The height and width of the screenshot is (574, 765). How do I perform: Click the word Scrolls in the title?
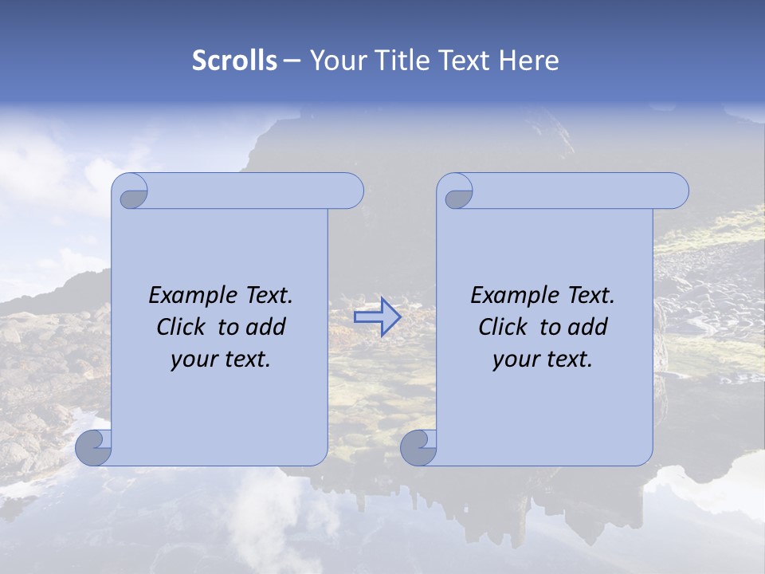pyautogui.click(x=234, y=60)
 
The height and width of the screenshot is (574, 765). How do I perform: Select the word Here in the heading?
pyautogui.click(x=528, y=60)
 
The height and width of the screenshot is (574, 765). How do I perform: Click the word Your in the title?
pyautogui.click(x=334, y=60)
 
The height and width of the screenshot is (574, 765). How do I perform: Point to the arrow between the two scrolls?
pyautogui.click(x=377, y=317)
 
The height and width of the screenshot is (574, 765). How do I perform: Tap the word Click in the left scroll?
pyautogui.click(x=182, y=327)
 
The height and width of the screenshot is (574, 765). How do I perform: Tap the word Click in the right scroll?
pyautogui.click(x=504, y=327)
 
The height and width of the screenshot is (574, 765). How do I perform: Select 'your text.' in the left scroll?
pyautogui.click(x=221, y=359)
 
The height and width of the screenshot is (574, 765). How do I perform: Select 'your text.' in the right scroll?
pyautogui.click(x=543, y=359)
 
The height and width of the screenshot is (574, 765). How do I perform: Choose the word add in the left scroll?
pyautogui.click(x=267, y=327)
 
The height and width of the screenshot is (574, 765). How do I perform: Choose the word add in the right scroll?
pyautogui.click(x=589, y=327)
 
